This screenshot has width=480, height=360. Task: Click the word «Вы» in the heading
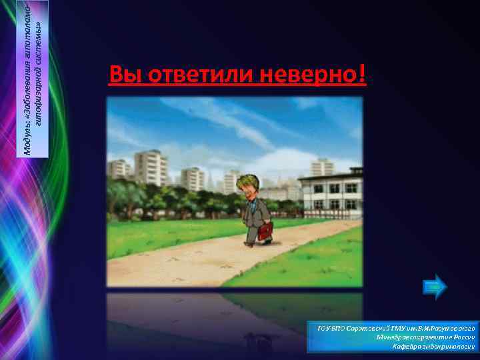point(121,75)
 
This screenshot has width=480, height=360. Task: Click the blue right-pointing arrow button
point(435,287)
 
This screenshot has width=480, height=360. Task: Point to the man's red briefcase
point(265,231)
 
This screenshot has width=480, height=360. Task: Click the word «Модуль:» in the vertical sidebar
point(27,140)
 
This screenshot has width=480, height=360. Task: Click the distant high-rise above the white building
point(322,167)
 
